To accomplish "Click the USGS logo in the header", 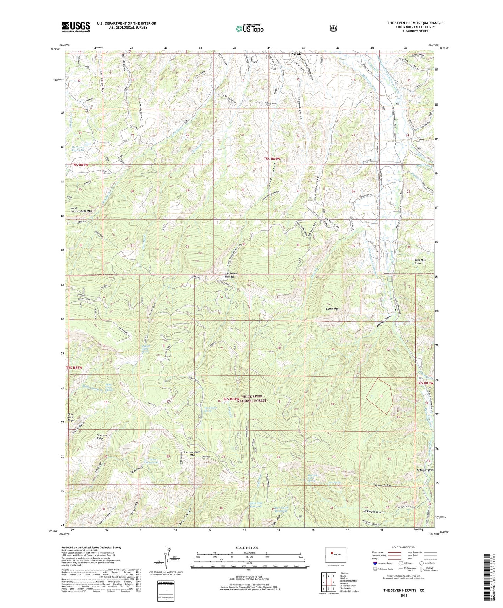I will [76, 27].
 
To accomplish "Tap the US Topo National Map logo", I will [249, 28].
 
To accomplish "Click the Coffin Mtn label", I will [332, 309].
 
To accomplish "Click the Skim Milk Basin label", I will [417, 262].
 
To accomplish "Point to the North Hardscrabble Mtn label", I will [81, 209].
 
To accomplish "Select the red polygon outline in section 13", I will [379, 396].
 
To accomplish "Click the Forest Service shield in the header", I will [333, 28].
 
